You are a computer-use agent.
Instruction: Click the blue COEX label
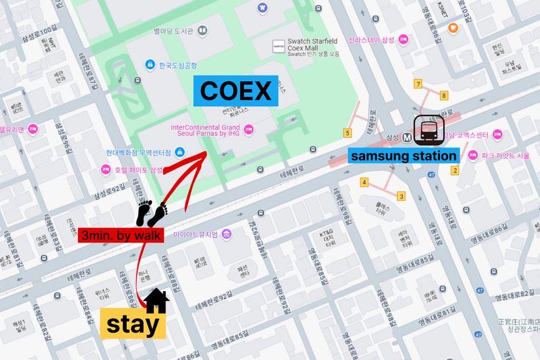point(235,91)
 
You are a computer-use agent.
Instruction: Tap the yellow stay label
point(132,325)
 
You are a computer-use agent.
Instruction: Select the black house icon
point(157,302)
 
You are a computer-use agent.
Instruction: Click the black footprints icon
point(152,214)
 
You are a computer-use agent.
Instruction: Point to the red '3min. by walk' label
point(121,236)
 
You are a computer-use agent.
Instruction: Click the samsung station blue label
point(404,156)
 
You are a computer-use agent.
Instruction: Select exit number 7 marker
point(418,84)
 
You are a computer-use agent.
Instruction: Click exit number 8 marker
point(444,96)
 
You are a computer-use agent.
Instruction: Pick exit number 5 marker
point(347,132)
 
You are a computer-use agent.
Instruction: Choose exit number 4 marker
point(364,183)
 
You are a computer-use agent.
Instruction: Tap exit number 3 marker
point(401,196)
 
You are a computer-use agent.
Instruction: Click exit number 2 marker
point(454,170)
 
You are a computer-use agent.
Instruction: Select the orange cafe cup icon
point(453,27)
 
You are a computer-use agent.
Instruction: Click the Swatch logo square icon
point(278,46)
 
